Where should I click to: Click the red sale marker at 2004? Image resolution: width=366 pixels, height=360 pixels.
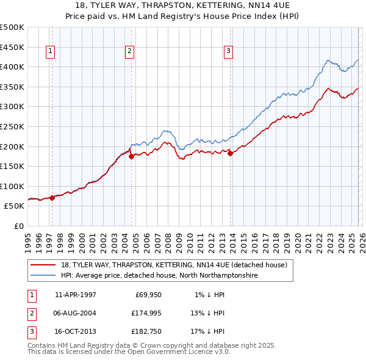pos(131,156)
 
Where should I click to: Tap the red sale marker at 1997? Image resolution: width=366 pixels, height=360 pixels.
pos(52,197)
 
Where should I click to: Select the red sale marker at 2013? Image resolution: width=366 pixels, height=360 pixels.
pos(230,153)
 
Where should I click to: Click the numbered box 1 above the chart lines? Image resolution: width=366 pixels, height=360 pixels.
pos(49,52)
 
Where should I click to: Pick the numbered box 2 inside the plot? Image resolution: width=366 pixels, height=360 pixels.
pos(130,52)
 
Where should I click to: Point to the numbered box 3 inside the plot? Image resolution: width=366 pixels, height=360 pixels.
pos(228,52)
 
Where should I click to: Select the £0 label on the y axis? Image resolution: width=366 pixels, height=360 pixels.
pos(19,226)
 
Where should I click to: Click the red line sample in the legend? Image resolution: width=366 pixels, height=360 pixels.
pos(44,265)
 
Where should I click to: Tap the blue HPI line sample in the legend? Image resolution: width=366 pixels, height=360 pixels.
pos(44,276)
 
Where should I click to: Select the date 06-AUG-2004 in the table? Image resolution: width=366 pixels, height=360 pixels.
pos(76,313)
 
